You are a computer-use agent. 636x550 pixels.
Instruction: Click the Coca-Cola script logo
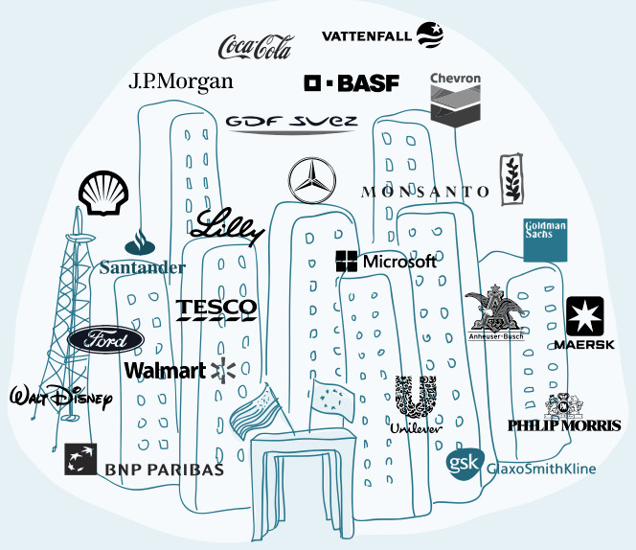click(x=256, y=45)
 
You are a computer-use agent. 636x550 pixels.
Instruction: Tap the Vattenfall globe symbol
click(x=429, y=35)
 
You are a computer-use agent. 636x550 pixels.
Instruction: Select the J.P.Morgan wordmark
click(x=181, y=81)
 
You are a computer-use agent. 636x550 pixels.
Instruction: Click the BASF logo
click(x=352, y=83)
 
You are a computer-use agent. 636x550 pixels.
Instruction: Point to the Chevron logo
click(x=455, y=103)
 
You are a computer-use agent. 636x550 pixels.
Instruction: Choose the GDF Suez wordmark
click(x=291, y=123)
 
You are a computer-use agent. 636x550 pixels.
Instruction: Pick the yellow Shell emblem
click(x=99, y=195)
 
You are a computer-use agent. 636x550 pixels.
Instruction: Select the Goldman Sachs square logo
click(x=546, y=240)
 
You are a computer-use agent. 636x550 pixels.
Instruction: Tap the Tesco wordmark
click(x=216, y=309)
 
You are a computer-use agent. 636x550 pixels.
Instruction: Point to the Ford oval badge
click(x=105, y=340)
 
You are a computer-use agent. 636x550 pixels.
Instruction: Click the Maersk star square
click(x=584, y=315)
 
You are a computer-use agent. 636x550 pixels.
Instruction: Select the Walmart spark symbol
click(x=224, y=370)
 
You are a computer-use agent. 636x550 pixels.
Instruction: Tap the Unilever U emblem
click(x=416, y=398)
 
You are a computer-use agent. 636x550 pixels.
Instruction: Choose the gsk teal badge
click(x=465, y=463)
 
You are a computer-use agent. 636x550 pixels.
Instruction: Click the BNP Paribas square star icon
click(x=79, y=459)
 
